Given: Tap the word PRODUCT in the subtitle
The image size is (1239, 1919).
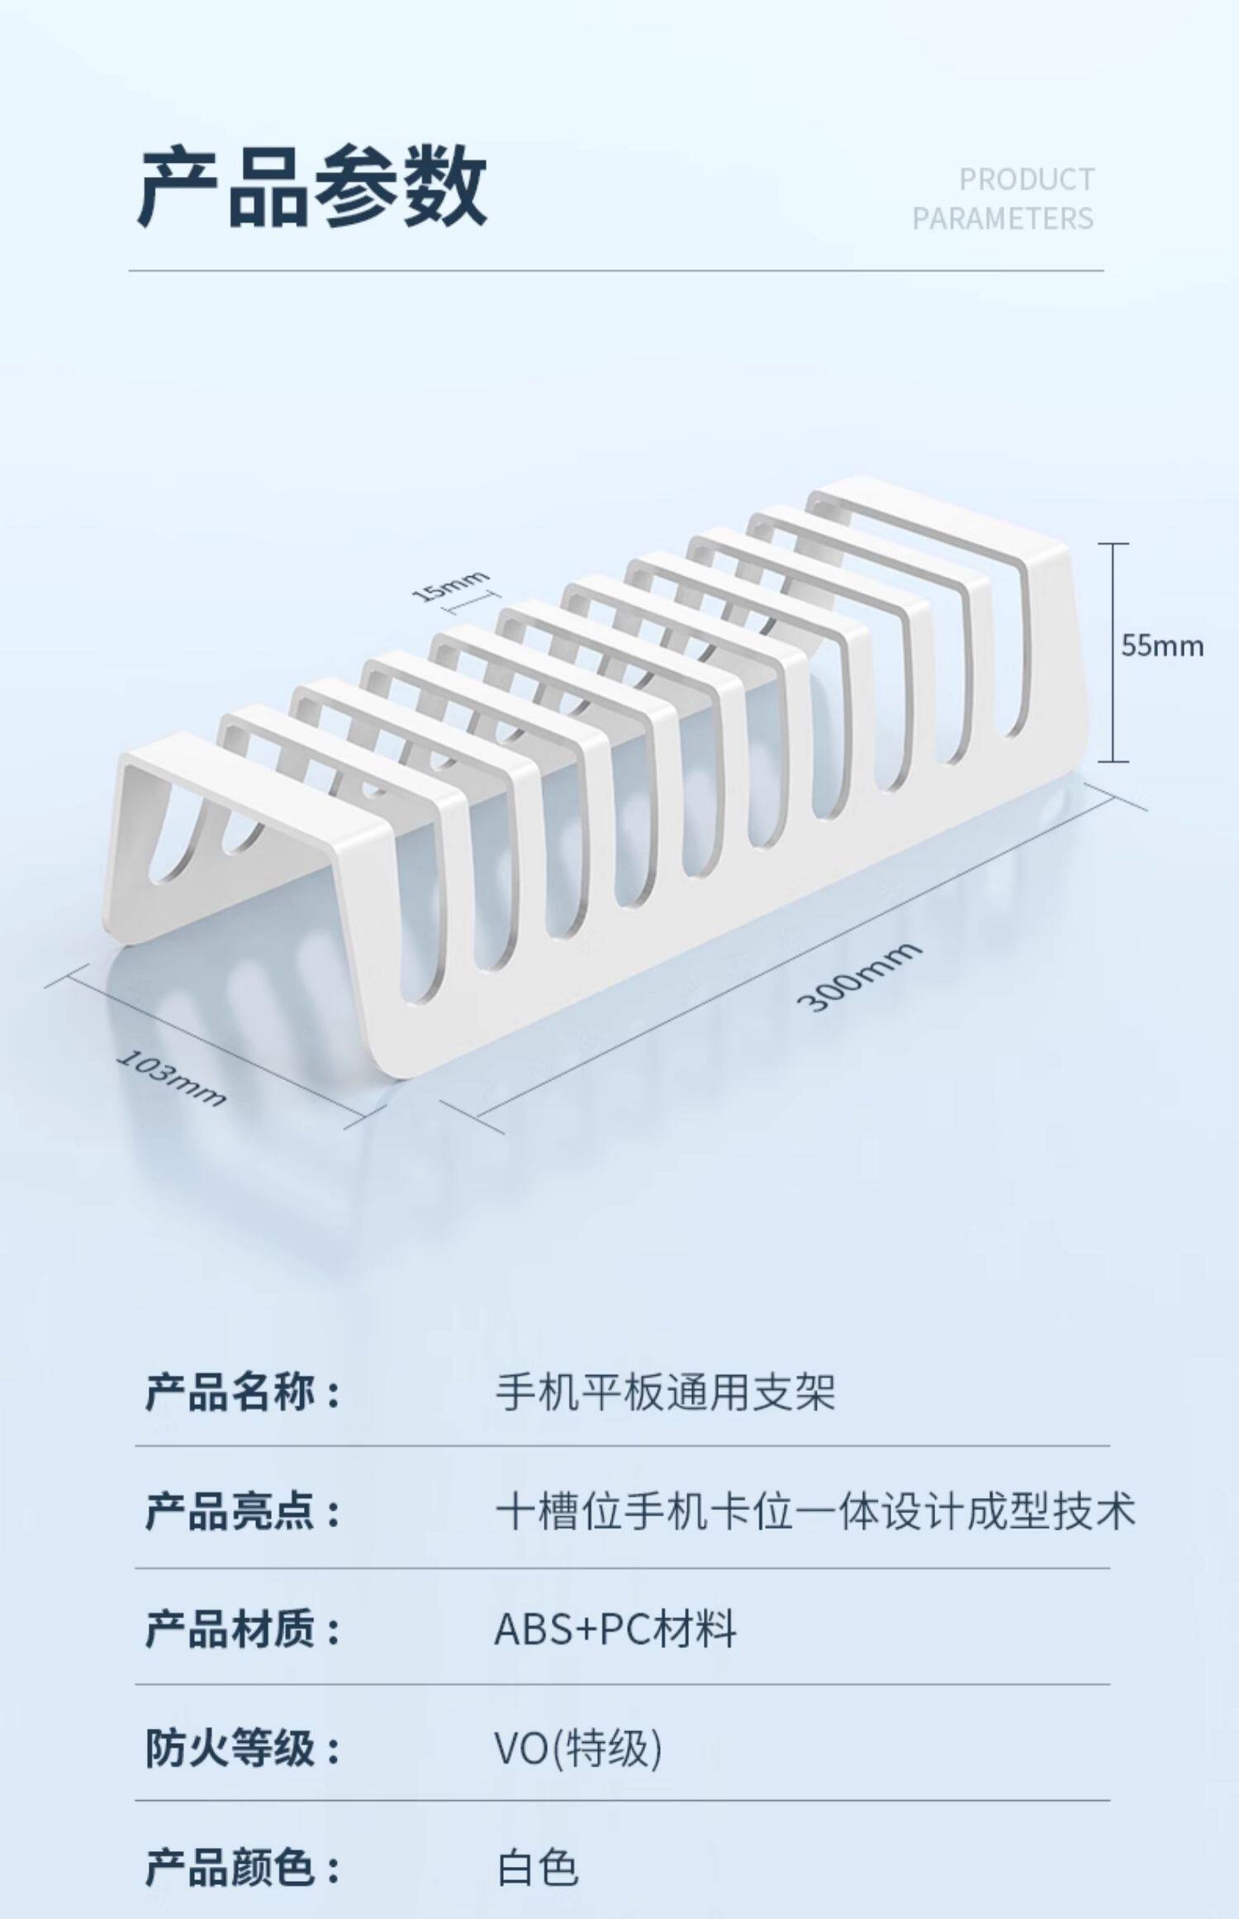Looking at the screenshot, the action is coord(1027,179).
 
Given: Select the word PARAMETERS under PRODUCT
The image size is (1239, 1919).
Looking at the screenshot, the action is coord(1003,219).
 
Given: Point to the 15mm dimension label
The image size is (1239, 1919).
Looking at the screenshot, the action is coord(450,586).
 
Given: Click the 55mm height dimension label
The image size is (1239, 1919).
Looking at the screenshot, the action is coord(1162,645).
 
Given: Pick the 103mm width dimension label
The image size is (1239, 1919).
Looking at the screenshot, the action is coord(172,1078).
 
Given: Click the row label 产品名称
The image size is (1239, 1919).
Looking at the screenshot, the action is coord(242,1393).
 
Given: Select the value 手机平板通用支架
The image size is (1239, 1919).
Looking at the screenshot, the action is coord(665,1393).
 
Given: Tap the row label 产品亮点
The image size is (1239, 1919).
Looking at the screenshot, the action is coord(242,1512).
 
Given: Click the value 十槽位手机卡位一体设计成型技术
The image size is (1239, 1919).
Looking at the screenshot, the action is coord(815,1512).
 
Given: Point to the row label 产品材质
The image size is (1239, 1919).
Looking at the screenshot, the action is coord(242,1630).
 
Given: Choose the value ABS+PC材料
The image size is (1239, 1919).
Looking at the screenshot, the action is coord(615,1630).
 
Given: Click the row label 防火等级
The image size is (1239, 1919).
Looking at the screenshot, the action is coord(242,1749).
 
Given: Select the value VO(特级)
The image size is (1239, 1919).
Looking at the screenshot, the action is coord(578,1749).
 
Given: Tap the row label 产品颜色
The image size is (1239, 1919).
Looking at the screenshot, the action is coord(242,1868).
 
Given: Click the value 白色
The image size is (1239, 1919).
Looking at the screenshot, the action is coord(538,1868).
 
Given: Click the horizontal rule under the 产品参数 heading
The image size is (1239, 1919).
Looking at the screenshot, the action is coord(616,270).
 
